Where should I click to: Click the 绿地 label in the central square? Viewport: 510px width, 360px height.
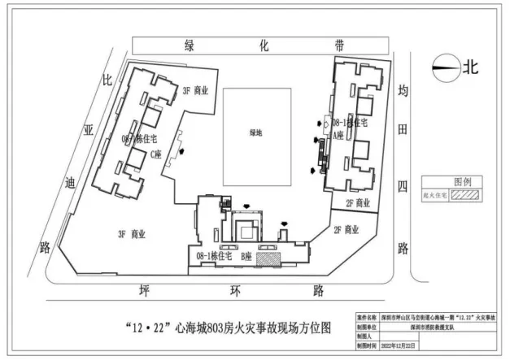tap(256, 132)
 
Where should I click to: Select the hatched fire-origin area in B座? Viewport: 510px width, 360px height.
tap(267, 258)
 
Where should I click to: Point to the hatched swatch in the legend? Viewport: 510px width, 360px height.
tap(469, 195)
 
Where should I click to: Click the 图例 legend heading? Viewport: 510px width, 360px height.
tap(462, 181)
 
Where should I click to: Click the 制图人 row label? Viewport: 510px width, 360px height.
tap(365, 336)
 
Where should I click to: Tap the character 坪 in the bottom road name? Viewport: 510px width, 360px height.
tap(144, 290)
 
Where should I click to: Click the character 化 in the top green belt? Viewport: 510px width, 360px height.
tap(263, 46)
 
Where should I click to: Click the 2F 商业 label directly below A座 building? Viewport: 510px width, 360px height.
tap(359, 203)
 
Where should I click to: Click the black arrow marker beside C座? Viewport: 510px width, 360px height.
tap(190, 150)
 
